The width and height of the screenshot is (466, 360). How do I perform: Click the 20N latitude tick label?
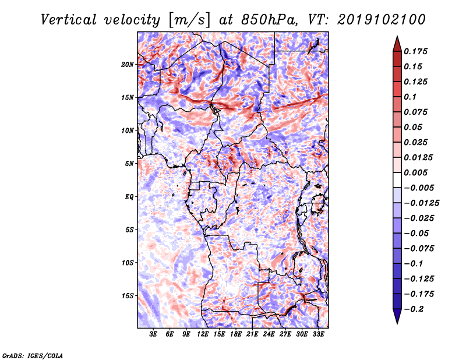128,65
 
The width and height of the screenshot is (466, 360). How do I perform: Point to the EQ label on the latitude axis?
129,197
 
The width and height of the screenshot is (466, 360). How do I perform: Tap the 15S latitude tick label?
128,296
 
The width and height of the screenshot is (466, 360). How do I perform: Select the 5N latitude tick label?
129,164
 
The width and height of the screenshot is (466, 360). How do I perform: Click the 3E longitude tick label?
153,334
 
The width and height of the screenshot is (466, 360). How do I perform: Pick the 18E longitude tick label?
236,334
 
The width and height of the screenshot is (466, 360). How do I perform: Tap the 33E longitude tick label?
318,334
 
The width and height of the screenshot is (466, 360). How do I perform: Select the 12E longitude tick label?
203,334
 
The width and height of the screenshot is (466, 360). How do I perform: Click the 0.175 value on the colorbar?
415,51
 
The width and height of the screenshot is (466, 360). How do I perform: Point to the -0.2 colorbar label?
414,309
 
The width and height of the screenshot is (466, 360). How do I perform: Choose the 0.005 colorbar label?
415,172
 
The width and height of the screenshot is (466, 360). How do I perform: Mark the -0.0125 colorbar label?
421,203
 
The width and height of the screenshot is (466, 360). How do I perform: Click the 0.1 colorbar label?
410,97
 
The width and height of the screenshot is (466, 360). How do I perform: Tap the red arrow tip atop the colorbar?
397,36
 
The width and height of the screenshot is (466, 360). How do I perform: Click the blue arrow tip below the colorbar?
397,323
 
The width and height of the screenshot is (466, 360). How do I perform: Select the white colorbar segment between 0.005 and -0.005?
397,180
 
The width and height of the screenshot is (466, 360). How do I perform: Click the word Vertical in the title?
69,20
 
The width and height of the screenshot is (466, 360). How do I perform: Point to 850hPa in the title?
269,20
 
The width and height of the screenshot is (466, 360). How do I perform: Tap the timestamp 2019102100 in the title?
382,20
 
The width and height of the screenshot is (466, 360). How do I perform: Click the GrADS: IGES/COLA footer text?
33,356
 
